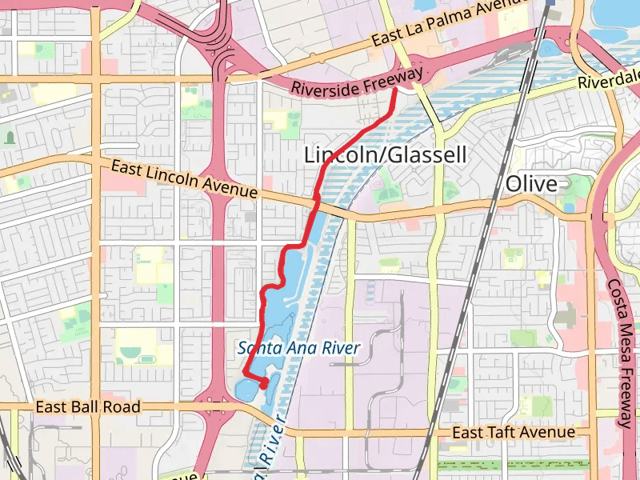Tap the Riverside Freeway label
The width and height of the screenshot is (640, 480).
click(357, 83)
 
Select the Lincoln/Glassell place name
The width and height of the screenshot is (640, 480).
click(385, 154)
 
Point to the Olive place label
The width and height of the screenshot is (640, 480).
click(531, 184)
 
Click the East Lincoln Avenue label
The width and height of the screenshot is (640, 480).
click(184, 180)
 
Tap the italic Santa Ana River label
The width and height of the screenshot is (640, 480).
click(298, 348)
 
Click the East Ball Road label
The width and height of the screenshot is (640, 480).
click(88, 407)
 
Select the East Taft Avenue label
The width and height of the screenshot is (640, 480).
click(513, 433)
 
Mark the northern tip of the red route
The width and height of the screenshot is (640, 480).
click(394, 91)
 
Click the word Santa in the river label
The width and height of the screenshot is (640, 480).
click(255, 348)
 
